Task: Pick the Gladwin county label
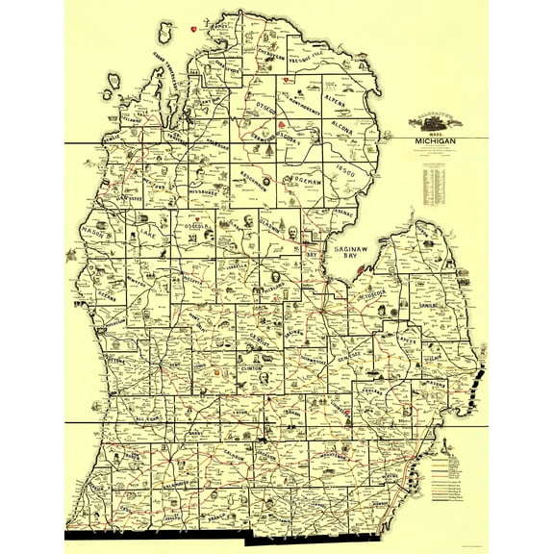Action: tap(273, 224)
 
